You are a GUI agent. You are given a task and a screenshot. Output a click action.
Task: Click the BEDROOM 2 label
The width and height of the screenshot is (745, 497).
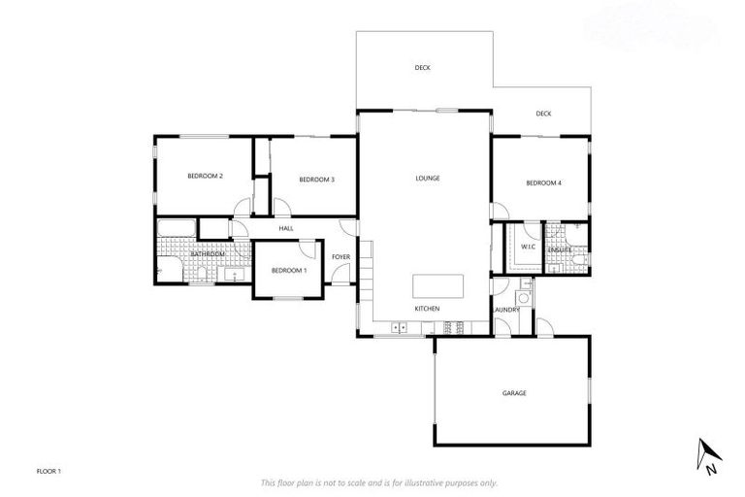point(206,176)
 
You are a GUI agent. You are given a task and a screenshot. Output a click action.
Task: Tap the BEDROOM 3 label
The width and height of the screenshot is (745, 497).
point(316,180)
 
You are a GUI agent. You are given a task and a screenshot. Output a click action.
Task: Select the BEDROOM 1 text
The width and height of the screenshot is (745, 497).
point(288,270)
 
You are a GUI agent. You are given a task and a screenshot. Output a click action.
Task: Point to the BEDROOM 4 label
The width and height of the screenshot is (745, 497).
point(543,182)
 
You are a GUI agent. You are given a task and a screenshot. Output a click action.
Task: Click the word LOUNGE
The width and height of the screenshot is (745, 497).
point(427,178)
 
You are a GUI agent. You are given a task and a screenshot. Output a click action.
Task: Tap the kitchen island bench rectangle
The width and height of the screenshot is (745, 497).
point(437,286)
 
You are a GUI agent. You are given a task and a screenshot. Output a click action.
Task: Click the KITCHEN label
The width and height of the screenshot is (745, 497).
point(427,309)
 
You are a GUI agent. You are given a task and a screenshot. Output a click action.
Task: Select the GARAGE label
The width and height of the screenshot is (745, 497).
point(513,393)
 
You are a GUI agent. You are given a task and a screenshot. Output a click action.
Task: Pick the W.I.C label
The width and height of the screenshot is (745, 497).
point(528,247)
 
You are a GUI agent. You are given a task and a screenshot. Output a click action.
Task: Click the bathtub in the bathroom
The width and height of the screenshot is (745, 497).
point(177,230)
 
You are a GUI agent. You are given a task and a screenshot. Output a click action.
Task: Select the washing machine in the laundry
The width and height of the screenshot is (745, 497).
point(524,298)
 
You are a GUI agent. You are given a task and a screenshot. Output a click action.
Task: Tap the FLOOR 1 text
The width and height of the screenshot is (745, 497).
point(49,471)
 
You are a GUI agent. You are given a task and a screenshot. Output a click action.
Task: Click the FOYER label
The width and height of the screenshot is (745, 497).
point(340,256)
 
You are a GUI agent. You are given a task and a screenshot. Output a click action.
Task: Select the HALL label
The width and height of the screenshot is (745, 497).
point(286,228)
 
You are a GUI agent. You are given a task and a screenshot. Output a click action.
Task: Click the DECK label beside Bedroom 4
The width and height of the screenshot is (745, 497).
point(543,114)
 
